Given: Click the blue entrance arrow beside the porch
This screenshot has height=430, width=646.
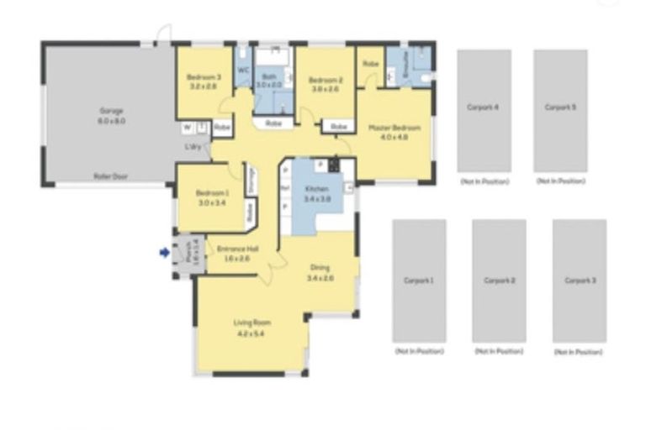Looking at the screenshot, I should (164, 250).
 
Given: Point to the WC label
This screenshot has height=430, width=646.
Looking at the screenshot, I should (242, 71).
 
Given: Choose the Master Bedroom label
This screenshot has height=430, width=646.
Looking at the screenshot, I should (394, 128).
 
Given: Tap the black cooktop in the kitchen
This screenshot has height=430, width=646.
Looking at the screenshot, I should (334, 163).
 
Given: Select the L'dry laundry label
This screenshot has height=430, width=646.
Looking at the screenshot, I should (193, 148).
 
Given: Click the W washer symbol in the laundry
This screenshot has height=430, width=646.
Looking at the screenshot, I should (187, 128).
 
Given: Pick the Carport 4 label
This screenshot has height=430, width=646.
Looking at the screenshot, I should (483, 107).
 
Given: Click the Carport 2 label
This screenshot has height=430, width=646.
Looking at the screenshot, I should (499, 281).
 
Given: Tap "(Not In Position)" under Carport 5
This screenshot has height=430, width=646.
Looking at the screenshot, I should (560, 181).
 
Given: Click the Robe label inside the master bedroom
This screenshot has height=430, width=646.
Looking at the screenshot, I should (369, 64).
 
